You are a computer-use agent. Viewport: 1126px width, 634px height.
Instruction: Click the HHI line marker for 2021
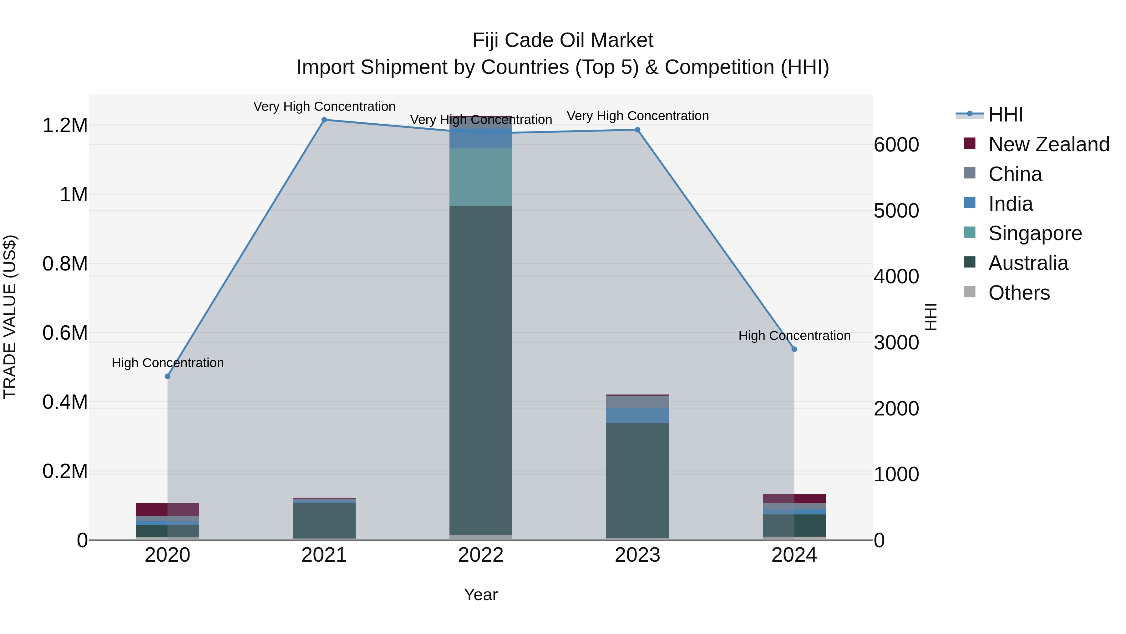point(324,120)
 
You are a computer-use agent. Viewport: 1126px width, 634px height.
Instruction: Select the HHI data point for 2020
point(167,376)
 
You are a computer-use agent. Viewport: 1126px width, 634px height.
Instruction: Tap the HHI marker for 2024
point(794,349)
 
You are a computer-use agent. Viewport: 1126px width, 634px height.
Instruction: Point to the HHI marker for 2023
point(637,130)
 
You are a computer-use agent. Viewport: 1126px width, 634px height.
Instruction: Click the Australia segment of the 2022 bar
point(481,370)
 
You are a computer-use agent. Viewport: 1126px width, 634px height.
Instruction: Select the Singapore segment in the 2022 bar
point(481,177)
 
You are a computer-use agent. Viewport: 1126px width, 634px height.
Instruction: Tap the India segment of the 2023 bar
point(637,416)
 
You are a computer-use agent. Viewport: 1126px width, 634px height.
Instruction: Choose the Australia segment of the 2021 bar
point(324,521)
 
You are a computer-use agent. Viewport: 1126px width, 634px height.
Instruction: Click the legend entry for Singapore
point(1035,233)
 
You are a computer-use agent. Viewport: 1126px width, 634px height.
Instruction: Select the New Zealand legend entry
point(1048,144)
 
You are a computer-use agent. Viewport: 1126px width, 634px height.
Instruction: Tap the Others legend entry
point(1018,293)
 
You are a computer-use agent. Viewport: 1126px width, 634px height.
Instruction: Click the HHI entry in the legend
point(1005,115)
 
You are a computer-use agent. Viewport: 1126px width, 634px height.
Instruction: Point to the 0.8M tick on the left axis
point(65,264)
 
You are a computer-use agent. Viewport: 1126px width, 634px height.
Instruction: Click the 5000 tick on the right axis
point(896,211)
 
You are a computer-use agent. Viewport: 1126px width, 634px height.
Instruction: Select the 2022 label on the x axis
point(481,555)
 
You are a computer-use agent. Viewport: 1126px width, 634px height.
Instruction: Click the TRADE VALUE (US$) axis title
point(10,317)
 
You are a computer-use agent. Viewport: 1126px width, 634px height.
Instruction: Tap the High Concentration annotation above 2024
point(794,336)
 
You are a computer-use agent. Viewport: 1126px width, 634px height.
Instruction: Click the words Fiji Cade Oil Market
point(563,40)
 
